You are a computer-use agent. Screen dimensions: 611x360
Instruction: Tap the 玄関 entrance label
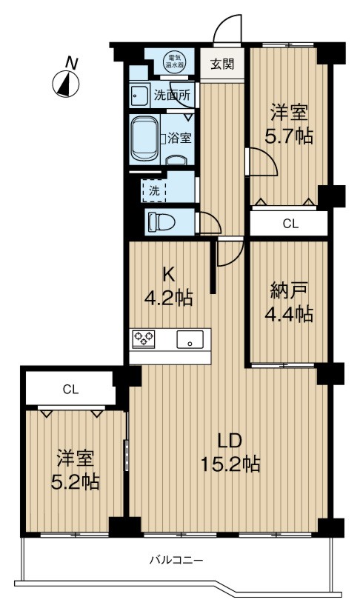tap(221, 64)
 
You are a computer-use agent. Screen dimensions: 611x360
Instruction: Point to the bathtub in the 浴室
tap(144, 138)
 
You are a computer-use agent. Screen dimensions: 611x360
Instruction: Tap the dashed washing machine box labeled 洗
tap(155, 189)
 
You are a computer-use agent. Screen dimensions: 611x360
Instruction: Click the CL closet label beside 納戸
tap(289, 224)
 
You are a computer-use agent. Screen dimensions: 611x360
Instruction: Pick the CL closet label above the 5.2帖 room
tap(70, 388)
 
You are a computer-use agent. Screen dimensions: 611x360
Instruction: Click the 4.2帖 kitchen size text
tap(168, 298)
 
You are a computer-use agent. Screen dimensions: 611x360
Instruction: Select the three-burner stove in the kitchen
tap(144, 339)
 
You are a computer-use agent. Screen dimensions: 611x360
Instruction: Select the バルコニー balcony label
tap(176, 561)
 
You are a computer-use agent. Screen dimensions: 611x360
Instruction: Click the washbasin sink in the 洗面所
tap(138, 95)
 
